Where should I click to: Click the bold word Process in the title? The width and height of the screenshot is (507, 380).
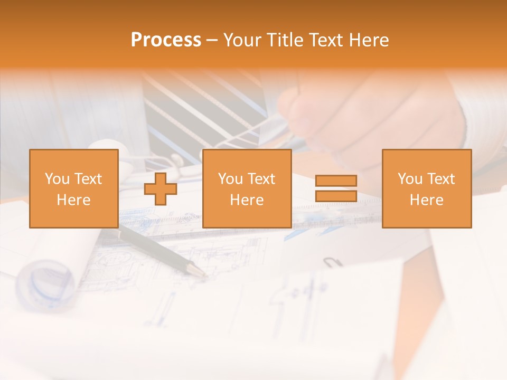166,40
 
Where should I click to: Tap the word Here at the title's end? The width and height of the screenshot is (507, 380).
369,40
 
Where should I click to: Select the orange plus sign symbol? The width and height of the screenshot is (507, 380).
160,189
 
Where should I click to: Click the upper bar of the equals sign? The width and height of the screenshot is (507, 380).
336,181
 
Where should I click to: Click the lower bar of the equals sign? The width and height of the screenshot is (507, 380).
336,196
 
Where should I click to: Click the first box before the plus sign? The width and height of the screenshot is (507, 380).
73,188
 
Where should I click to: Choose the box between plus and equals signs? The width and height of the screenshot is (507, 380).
247,188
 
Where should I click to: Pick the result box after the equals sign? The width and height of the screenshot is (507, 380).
426,188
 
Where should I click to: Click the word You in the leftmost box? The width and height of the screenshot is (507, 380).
56,179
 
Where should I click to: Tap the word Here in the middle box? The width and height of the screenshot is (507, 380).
247,200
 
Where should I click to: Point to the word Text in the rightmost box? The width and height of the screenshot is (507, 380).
442,179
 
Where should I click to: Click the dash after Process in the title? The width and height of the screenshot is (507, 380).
212,40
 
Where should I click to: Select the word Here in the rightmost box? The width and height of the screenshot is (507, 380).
426,200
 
